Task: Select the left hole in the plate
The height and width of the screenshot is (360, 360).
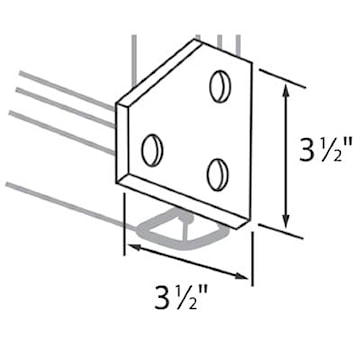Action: pos(152,151)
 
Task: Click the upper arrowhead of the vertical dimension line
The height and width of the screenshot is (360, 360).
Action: pos(289,90)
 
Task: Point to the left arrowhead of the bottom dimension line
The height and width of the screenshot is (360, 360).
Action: pos(131,243)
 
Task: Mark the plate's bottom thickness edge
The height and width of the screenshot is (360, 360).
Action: pos(185,200)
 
